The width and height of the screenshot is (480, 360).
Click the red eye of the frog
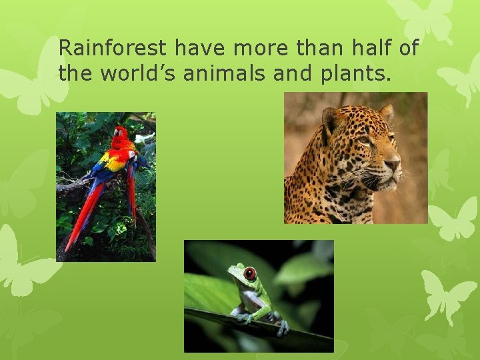[x=250, y=273]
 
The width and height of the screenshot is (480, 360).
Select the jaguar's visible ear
[x=331, y=121]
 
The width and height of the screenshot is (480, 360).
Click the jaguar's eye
[x=364, y=141]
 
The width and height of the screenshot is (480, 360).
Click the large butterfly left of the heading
[x=30, y=87]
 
